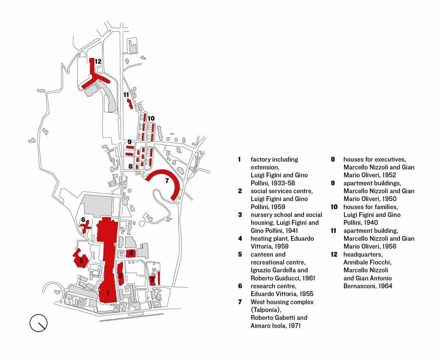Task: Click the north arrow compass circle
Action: tap(38, 323)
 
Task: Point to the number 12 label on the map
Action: tap(98, 62)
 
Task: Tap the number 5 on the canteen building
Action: tap(81, 261)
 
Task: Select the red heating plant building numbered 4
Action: tap(131, 253)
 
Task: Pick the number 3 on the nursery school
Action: tap(152, 279)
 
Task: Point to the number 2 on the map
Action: tap(121, 275)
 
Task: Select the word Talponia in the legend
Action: tap(266, 310)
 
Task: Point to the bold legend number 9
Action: tap(333, 183)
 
